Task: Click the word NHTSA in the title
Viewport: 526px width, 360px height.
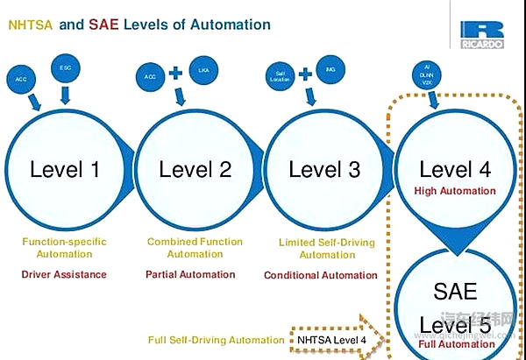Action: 30,25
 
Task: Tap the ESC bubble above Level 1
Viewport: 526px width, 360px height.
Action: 66,67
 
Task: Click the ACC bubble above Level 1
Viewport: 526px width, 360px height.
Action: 22,80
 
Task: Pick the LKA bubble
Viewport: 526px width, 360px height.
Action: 203,69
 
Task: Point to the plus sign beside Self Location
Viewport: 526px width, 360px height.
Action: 305,73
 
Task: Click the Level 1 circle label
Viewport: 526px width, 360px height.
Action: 65,169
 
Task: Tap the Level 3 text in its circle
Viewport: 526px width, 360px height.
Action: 324,169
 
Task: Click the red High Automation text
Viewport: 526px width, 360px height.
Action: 455,191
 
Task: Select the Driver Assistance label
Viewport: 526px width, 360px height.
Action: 65,274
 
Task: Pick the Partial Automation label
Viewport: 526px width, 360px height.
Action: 190,274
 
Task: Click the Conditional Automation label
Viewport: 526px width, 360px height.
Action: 321,275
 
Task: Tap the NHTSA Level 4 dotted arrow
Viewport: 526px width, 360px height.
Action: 338,338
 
